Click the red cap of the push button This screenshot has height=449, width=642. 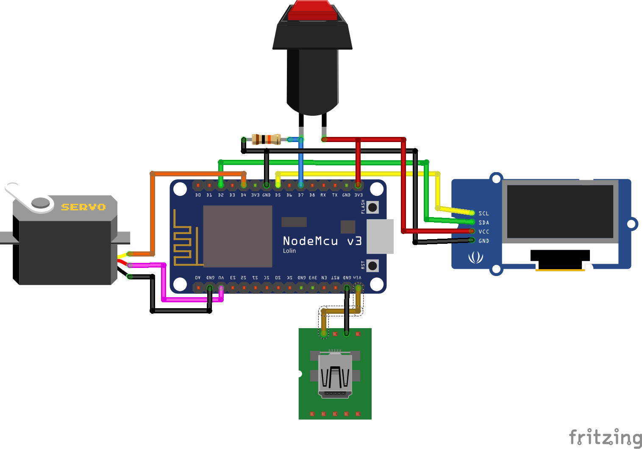(312, 11)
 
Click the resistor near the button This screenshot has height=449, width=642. (266, 139)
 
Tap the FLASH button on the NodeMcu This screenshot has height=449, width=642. (372, 207)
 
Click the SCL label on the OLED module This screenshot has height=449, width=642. (484, 213)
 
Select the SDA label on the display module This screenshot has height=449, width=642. (484, 223)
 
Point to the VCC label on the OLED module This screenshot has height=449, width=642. (484, 231)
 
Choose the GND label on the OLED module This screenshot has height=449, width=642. (484, 241)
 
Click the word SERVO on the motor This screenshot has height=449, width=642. (83, 207)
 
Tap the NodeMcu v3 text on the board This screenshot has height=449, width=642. (322, 241)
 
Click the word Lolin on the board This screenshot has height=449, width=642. (289, 251)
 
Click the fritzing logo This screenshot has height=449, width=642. (605, 437)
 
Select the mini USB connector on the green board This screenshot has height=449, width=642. (335, 375)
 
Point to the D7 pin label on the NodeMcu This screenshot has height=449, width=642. (300, 195)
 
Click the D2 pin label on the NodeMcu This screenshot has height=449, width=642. (221, 195)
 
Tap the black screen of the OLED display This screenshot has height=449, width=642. (560, 211)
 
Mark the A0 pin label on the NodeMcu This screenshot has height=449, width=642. (198, 278)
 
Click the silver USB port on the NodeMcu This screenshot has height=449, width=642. (380, 236)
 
